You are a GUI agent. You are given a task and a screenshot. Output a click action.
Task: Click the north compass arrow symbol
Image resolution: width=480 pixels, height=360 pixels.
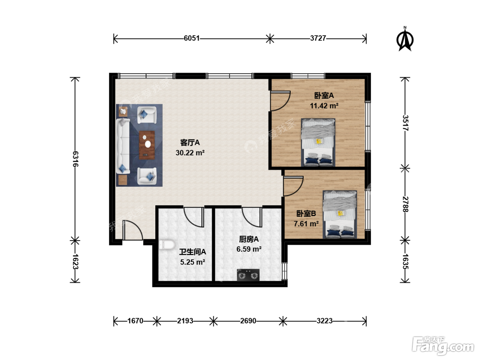(405, 39)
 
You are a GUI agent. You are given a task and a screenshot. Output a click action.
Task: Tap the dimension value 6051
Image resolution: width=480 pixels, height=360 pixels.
(192, 38)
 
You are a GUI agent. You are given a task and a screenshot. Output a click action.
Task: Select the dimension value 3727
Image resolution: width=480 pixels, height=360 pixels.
(318, 38)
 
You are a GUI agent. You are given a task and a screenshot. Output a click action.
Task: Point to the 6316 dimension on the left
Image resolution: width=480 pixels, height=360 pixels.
(75, 159)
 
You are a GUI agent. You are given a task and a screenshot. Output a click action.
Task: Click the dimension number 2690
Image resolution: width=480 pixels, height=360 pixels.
(248, 321)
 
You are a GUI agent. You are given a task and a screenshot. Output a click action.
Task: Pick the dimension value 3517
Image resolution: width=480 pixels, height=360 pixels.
(405, 123)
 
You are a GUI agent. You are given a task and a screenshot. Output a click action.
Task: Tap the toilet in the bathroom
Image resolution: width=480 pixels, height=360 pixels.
(167, 245)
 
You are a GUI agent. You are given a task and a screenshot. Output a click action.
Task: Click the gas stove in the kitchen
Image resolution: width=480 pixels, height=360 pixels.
(248, 275)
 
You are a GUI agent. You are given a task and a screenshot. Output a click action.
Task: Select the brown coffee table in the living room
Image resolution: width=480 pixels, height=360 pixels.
(147, 145)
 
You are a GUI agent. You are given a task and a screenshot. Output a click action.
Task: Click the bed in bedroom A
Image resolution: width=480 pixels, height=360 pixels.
(318, 142)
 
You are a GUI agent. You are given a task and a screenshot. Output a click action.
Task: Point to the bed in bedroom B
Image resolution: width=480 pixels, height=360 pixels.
(340, 214)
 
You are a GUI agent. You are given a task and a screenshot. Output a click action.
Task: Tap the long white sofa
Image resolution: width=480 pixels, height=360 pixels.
(123, 146)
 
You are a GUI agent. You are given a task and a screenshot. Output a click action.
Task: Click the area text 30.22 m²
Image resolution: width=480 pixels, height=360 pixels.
(190, 153)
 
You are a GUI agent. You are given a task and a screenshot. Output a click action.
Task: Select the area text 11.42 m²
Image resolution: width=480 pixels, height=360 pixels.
(324, 106)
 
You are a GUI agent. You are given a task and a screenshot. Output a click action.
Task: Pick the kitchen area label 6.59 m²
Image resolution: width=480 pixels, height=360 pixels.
(249, 249)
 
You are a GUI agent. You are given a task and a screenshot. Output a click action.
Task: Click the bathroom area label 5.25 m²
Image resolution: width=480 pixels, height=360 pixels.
(192, 262)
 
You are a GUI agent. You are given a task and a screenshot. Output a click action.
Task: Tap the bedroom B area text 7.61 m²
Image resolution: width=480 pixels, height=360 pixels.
(306, 224)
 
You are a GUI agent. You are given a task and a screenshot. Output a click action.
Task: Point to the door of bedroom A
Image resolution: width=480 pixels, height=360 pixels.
(280, 101)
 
